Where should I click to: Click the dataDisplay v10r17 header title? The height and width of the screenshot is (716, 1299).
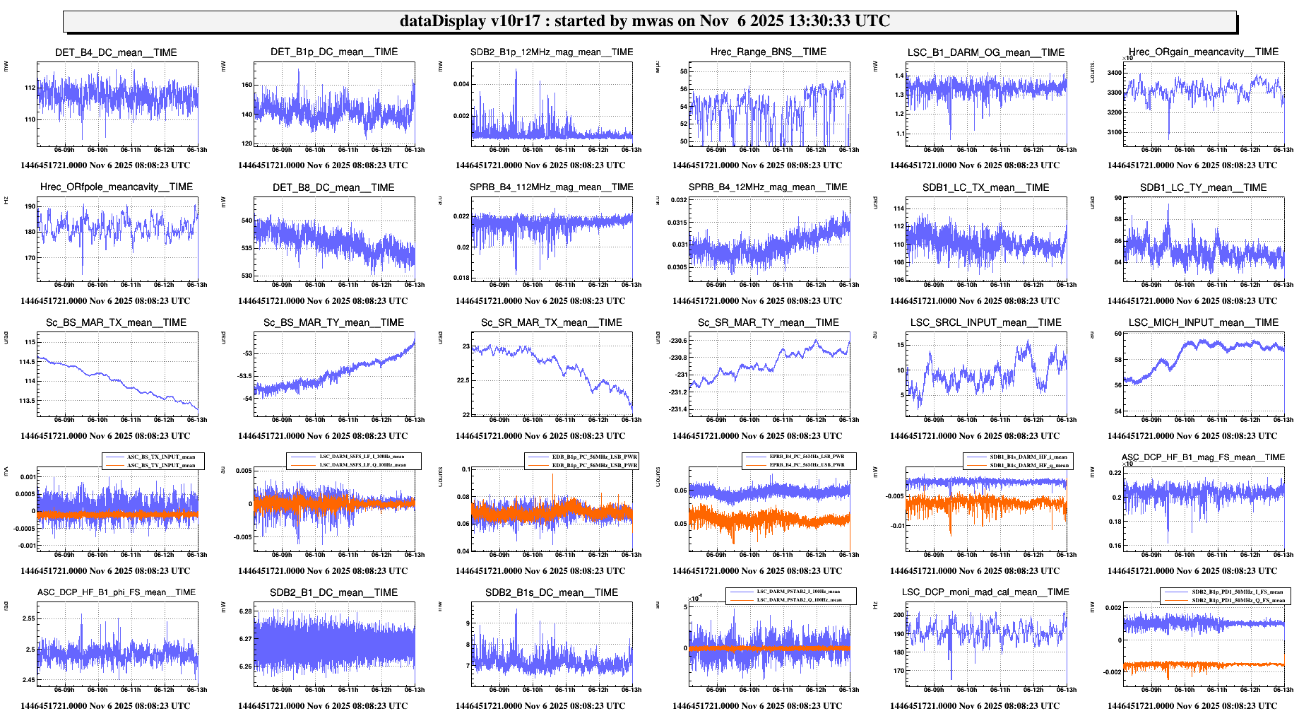pos(644,21)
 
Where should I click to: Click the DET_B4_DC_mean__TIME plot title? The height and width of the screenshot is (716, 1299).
pos(116,52)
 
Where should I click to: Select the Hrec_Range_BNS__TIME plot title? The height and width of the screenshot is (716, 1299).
pos(768,52)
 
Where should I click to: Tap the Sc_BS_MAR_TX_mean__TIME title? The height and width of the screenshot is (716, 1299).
pos(116,322)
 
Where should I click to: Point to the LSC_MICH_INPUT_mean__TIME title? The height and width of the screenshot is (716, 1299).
pos(1203,322)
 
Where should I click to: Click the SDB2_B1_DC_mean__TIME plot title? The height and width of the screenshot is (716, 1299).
pos(333,592)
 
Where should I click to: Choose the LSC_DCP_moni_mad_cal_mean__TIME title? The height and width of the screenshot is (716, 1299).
pos(985,592)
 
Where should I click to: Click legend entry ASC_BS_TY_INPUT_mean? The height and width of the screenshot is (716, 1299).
pos(160,465)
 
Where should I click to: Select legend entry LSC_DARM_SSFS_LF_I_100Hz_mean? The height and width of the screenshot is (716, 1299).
pos(362,457)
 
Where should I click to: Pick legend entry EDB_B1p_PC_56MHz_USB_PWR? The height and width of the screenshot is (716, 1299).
pos(594,465)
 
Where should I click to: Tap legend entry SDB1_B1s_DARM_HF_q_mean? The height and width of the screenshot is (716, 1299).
pos(1028,465)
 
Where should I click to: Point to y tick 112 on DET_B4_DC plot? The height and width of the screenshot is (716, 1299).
pos(30,88)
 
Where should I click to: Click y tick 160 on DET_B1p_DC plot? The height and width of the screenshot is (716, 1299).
pos(247,85)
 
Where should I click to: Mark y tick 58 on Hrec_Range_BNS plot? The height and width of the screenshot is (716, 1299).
pos(683,71)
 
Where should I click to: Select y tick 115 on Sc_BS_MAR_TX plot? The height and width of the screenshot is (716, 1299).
pos(30,342)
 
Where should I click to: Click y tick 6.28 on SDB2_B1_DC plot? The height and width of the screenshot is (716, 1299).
pos(245,611)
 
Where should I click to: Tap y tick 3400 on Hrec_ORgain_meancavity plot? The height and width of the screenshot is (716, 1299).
pos(1114,73)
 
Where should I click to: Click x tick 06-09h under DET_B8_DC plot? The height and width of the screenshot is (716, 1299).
pos(281,285)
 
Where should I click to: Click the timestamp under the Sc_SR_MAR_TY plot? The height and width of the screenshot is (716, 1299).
pos(757,436)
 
